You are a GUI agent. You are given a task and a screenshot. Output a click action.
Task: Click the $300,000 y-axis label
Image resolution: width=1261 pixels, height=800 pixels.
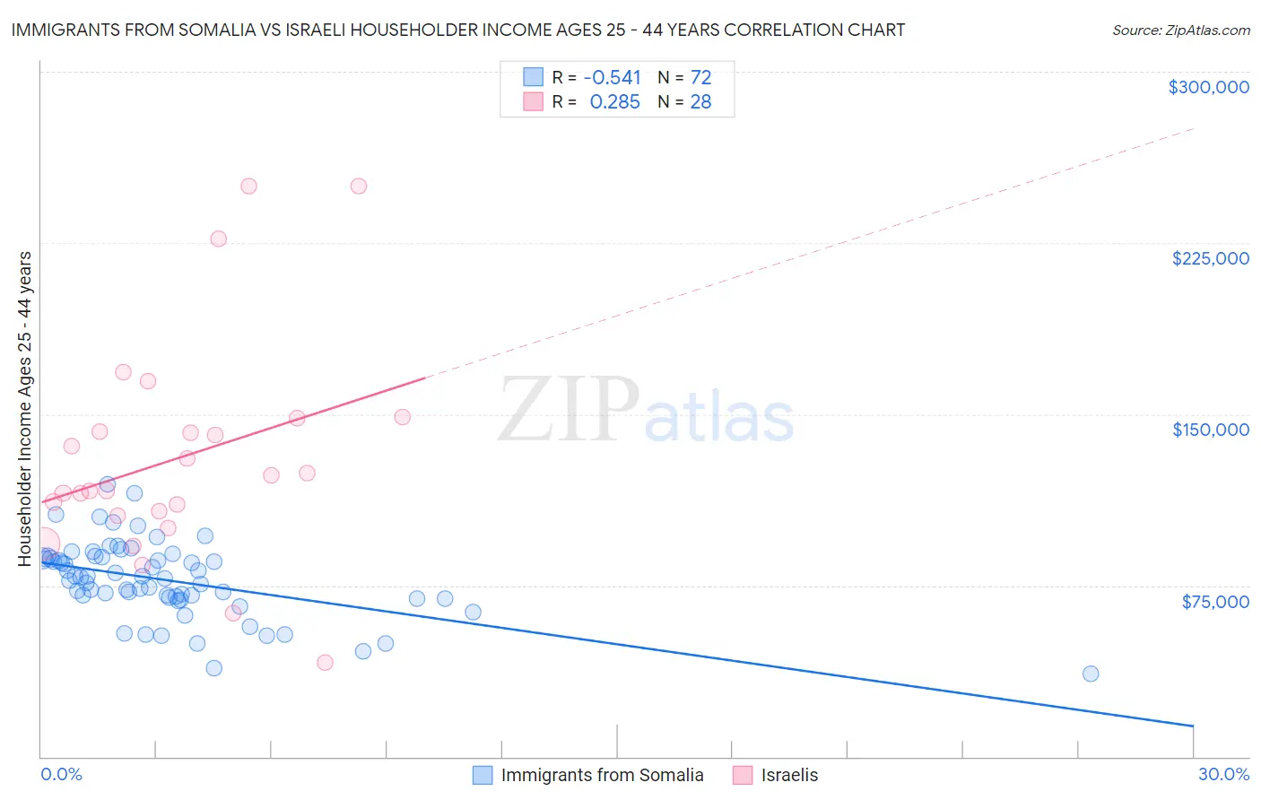point(1208,87)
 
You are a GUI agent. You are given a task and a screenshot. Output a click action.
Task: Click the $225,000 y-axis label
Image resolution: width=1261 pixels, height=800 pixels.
point(1210,258)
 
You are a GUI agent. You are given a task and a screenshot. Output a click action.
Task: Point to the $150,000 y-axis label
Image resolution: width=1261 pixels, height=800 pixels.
point(1210,430)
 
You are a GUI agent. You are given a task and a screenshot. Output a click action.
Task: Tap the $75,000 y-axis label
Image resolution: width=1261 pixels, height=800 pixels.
point(1214,602)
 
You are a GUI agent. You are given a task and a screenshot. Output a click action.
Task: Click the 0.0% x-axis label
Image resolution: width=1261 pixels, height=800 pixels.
point(61,774)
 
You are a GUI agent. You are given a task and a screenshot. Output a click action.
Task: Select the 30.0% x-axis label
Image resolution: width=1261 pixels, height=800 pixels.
point(1223,774)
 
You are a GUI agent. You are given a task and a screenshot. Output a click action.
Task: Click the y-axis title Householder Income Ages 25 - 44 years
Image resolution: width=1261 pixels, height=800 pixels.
point(24,409)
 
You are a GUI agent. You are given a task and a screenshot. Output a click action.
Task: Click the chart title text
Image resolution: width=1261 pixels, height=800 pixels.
point(458,30)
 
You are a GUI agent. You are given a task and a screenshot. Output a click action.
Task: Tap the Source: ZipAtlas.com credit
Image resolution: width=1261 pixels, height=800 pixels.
point(1180,30)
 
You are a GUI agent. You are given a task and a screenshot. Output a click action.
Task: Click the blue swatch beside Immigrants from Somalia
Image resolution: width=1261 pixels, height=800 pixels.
point(483,775)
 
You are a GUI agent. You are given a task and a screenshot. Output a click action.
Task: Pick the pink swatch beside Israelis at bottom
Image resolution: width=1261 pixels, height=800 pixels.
point(743,775)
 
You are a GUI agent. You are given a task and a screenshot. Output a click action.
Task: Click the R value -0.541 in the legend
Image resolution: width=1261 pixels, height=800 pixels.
point(612,77)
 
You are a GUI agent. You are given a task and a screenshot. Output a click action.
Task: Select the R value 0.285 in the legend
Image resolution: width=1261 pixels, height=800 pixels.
point(614,102)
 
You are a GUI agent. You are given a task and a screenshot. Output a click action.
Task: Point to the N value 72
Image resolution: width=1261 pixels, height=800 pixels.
point(700,77)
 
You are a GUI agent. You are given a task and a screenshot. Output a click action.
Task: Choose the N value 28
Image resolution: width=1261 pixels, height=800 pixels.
point(700,102)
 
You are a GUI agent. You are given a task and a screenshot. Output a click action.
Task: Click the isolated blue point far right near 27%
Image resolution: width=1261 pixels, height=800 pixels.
point(1091,674)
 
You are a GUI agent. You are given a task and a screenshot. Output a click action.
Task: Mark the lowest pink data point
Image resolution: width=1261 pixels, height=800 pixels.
point(325,662)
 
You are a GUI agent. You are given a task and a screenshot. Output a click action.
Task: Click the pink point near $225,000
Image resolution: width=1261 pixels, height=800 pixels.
point(218,239)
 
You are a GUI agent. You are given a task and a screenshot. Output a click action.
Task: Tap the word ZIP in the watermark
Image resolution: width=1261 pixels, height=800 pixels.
point(568,410)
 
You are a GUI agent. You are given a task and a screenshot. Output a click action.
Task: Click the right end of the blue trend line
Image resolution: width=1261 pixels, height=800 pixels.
point(1193,725)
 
